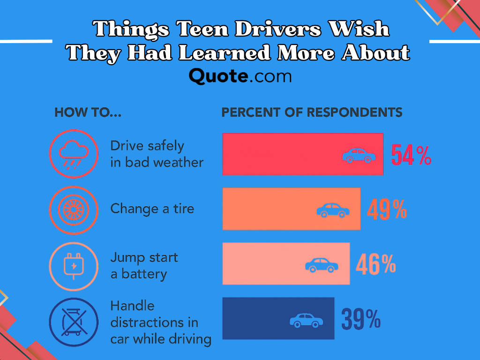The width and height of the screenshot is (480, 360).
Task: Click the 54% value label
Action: pos(411,155)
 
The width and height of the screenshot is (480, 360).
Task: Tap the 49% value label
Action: pos(387,210)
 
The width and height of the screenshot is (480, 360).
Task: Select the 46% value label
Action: pos(376,264)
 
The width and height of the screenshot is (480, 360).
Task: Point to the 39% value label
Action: pos(360,318)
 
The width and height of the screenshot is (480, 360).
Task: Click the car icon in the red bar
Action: pos(359,155)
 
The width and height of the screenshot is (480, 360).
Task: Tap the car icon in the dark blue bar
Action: pos(307,320)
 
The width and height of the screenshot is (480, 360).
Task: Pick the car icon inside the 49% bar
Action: pos(333,210)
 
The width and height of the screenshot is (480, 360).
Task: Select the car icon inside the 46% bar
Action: pos(322,265)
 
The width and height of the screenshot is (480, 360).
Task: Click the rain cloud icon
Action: pos(74,154)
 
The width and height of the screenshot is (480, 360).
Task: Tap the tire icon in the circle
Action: pos(74,210)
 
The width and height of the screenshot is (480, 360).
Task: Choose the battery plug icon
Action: pos(74,265)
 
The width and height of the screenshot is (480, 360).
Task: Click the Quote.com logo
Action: pos(240,76)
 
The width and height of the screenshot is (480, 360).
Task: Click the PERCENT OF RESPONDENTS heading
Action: pos(312,112)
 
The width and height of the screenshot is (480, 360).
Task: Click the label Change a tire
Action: pos(152,209)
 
